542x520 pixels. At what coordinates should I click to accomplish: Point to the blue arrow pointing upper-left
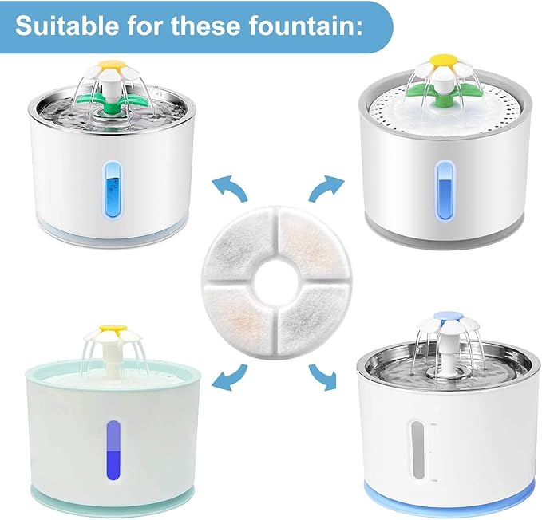(230, 187)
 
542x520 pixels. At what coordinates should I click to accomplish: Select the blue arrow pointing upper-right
(326, 187)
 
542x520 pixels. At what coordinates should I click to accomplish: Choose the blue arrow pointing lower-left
(230, 376)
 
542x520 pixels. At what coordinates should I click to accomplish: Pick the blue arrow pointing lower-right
(323, 376)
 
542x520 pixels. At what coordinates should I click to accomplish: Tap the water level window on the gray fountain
(445, 190)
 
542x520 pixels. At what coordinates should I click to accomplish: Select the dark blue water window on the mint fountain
(113, 451)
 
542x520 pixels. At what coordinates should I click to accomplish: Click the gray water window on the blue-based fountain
(417, 451)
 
